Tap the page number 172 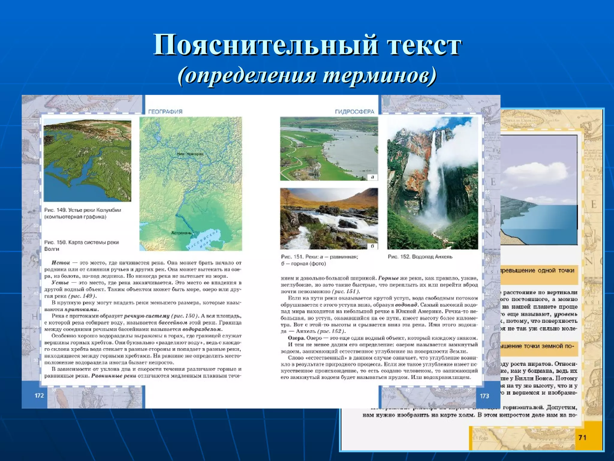pos(39,396)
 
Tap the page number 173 pos(484,396)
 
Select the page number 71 pos(582,438)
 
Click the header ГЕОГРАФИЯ pos(165,112)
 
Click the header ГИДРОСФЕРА pos(354,112)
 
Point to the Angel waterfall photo pos(432,183)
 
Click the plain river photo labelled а pos(329,149)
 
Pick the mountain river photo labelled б pos(329,218)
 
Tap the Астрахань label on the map pos(181,233)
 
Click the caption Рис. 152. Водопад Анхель pos(420,257)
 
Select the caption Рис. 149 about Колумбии pos(82,213)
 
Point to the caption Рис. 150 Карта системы pos(81,246)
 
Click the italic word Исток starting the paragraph pos(61,263)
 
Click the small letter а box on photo pos(372,177)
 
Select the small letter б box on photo pos(372,246)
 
